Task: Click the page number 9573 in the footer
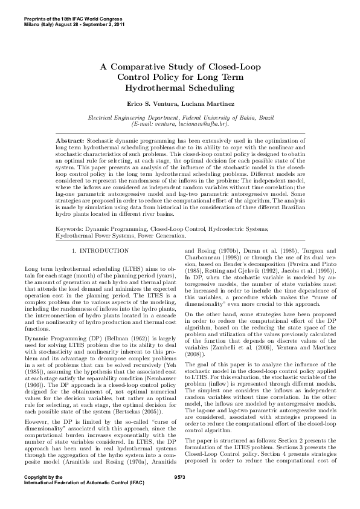click(x=179, y=494)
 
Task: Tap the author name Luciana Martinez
click(x=201, y=103)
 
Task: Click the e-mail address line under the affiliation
click(x=179, y=123)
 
